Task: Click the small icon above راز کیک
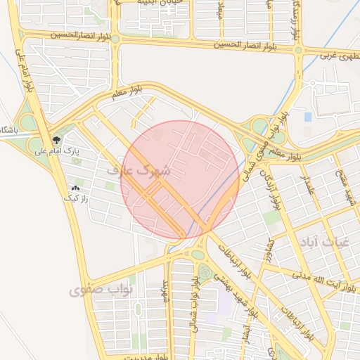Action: click(x=75, y=188)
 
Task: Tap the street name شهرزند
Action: click(x=167, y=290)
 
